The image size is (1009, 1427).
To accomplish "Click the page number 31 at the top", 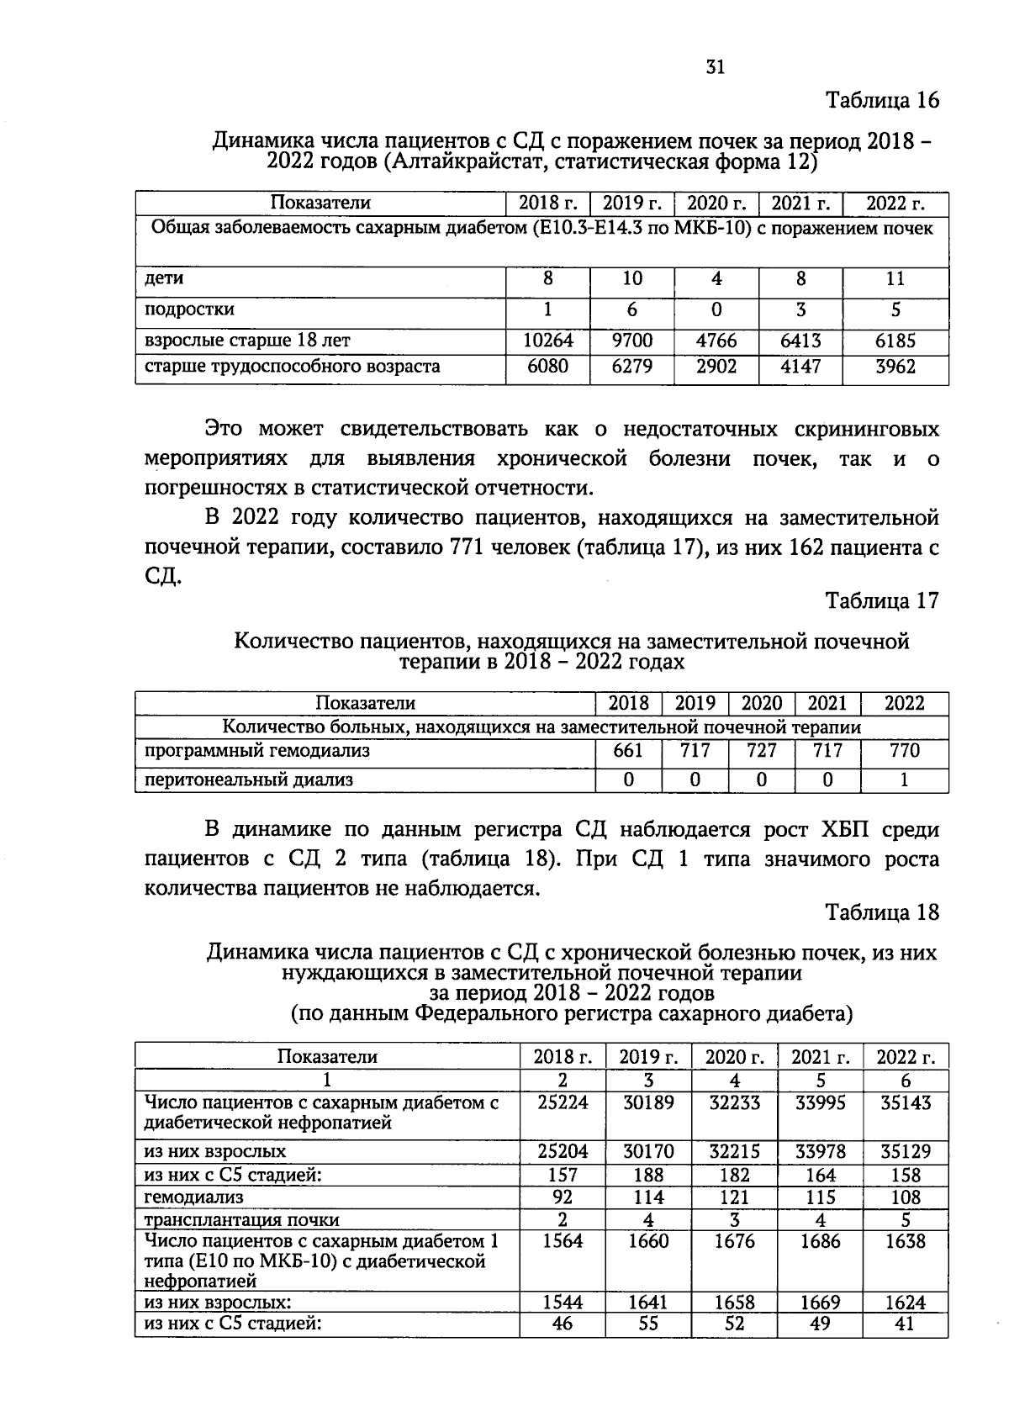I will coord(716,68).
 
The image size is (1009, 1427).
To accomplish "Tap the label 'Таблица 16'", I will coord(882,101).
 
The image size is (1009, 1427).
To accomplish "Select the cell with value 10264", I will coord(547,341).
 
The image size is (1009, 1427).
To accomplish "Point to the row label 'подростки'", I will coord(189,309).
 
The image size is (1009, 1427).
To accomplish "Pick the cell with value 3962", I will coord(895,367).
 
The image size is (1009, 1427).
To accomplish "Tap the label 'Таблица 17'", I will coord(882,601).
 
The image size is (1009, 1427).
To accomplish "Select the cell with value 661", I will coord(628,750).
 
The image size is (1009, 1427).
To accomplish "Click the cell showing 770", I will coord(904,750).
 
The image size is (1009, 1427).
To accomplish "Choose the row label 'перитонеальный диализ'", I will coord(249,780).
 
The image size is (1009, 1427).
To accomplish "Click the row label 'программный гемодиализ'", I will coord(257,750).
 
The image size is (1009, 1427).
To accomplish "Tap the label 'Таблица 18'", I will coord(882,912).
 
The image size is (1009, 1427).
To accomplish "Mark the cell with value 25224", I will coord(563,1102).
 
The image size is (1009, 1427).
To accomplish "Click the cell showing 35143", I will coord(905,1102).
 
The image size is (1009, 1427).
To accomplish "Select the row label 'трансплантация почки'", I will coord(242,1219).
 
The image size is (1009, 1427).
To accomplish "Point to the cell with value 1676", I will coord(734,1241).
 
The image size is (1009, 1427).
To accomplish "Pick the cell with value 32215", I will coord(734,1151).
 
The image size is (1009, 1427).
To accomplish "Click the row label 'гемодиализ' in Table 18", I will coord(194,1197).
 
